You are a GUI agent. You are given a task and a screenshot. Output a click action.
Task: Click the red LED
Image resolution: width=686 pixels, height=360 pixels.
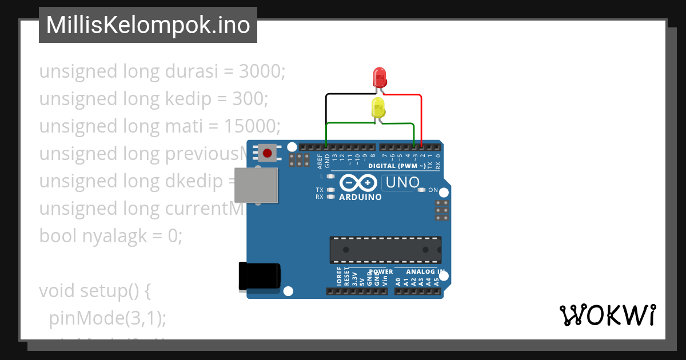click(x=380, y=77)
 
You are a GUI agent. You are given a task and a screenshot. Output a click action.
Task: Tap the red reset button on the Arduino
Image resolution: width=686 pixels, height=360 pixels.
click(x=267, y=153)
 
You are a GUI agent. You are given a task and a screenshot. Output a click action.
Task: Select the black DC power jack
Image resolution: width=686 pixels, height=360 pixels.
click(x=259, y=275)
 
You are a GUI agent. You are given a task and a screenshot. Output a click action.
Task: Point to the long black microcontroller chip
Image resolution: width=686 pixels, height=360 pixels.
click(x=385, y=250)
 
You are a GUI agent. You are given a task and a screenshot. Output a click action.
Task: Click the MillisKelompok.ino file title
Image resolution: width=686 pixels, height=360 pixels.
click(x=148, y=25)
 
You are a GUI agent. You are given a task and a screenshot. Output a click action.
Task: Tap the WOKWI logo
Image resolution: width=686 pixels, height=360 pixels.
click(x=607, y=315)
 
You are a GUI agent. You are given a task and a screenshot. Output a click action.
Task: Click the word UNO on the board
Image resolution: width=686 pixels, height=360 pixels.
click(x=403, y=183)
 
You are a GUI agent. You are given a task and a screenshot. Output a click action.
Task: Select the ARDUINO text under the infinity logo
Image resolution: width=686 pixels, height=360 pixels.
click(x=360, y=197)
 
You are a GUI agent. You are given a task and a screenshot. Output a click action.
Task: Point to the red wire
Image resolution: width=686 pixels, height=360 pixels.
click(x=421, y=114)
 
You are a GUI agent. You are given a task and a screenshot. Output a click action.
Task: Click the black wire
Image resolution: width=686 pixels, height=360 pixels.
click(x=326, y=114)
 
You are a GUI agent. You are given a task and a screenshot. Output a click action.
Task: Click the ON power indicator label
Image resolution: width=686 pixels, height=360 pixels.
click(x=433, y=190)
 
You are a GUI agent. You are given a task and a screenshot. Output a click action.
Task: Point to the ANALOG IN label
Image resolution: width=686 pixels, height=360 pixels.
click(x=425, y=271)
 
